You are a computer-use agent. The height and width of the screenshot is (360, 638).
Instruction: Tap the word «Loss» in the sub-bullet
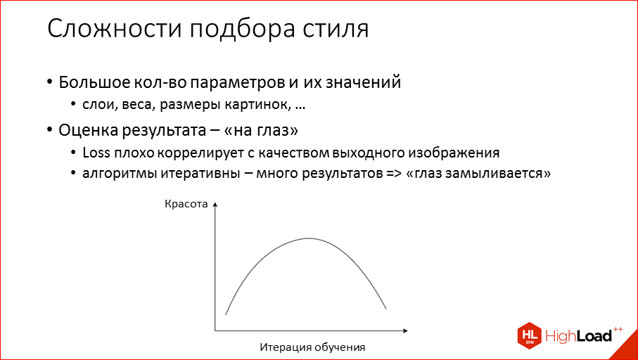tap(94, 153)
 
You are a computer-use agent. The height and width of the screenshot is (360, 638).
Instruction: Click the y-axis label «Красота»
tap(186, 205)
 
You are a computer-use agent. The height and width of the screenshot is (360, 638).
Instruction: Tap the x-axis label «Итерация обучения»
tap(313, 347)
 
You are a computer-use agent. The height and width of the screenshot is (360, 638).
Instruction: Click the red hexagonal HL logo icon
tap(528, 335)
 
